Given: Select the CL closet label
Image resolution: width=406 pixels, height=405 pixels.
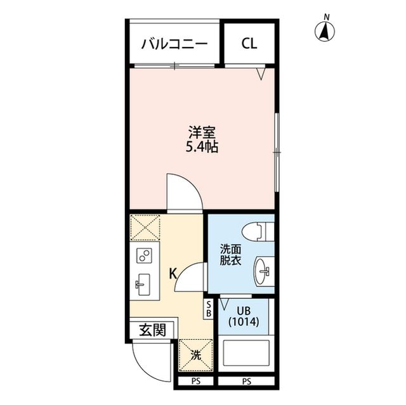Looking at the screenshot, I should point(249,44).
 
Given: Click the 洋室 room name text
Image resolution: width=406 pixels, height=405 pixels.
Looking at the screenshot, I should point(202,134).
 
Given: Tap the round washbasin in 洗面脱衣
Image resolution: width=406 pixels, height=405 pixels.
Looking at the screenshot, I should point(262,272).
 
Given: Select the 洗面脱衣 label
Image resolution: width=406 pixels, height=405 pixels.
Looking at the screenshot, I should point(230,254).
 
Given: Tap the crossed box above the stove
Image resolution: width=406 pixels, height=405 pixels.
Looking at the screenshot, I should point(145,228).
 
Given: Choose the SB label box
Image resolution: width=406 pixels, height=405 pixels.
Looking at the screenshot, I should point(208,310).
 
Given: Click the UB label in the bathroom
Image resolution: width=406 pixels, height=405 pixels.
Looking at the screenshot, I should point(244,311).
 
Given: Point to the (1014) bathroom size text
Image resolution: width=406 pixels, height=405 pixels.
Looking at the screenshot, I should point(244,322).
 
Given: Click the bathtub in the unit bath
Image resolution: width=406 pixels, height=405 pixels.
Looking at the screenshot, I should point(247,354).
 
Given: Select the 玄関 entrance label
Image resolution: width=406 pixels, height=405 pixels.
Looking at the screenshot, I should point(152,330).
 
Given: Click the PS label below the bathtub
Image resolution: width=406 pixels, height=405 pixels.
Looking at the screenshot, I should point(247,382).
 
